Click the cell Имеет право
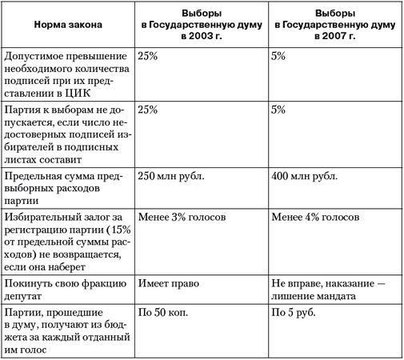tap(166, 284)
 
